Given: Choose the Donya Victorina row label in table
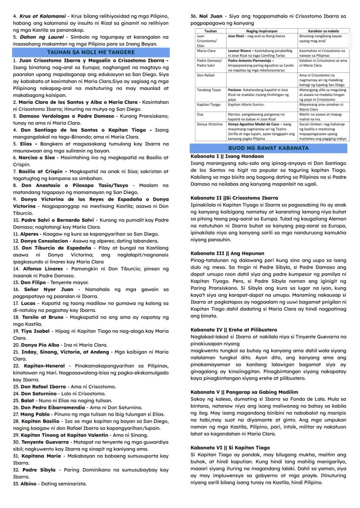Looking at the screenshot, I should click(208, 124).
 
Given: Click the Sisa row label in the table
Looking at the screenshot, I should click(200, 114).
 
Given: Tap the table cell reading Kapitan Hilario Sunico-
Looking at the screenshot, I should click(246, 105).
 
